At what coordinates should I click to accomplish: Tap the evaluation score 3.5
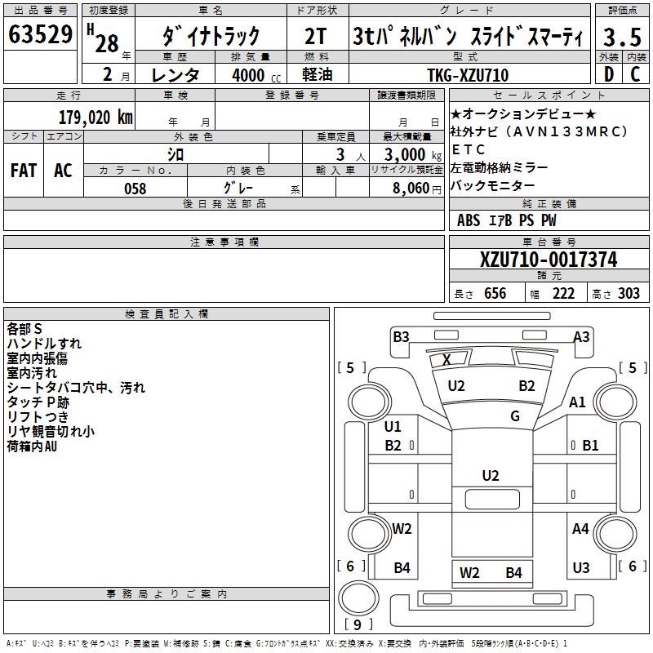click(620, 37)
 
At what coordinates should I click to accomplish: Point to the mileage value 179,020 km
click(96, 117)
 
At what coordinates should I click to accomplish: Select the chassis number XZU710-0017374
click(549, 260)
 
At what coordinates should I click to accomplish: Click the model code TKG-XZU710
click(468, 75)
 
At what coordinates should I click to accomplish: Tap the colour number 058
click(135, 188)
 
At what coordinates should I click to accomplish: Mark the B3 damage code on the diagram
click(401, 336)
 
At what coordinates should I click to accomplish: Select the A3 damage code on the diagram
click(581, 336)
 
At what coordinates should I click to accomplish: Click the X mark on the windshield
click(446, 359)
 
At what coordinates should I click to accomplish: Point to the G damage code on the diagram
click(515, 416)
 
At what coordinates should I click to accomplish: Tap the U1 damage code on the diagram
click(393, 426)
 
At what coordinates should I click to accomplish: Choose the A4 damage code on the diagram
click(580, 529)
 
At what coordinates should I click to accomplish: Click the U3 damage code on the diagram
click(580, 568)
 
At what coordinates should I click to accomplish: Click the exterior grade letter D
click(608, 74)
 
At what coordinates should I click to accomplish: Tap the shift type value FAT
click(24, 171)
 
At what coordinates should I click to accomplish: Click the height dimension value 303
click(629, 294)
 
